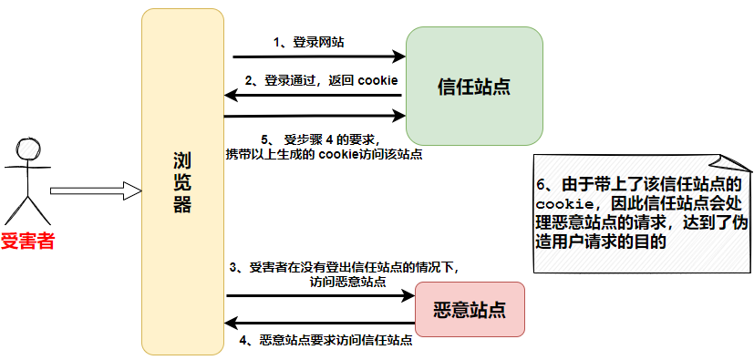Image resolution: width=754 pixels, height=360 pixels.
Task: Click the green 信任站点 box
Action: click(474, 86)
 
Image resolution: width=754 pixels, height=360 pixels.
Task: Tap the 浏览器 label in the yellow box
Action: click(182, 182)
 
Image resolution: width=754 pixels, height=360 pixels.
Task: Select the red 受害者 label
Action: click(27, 242)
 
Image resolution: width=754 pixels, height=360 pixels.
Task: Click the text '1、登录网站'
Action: click(309, 42)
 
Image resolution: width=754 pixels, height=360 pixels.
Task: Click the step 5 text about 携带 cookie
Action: click(324, 147)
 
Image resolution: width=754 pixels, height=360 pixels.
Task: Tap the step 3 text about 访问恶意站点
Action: click(346, 273)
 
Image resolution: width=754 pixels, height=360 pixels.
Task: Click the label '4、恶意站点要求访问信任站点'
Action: click(325, 341)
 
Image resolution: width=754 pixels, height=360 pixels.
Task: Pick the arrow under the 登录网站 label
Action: click(315, 57)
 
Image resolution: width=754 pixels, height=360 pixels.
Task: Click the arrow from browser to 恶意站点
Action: click(319, 295)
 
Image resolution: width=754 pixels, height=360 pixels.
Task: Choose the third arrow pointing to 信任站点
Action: click(315, 116)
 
